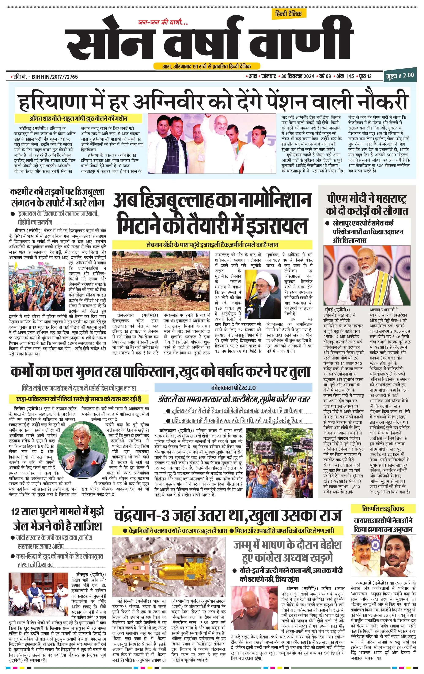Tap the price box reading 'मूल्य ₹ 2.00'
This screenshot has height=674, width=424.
click(x=400, y=75)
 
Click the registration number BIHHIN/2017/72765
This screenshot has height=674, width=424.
click(x=55, y=77)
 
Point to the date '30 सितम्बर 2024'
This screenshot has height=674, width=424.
click(x=298, y=76)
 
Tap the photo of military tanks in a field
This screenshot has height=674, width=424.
click(x=161, y=280)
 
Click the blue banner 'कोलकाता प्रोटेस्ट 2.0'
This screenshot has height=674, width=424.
click(x=233, y=388)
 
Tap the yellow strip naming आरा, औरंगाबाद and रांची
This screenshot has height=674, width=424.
click(x=207, y=66)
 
